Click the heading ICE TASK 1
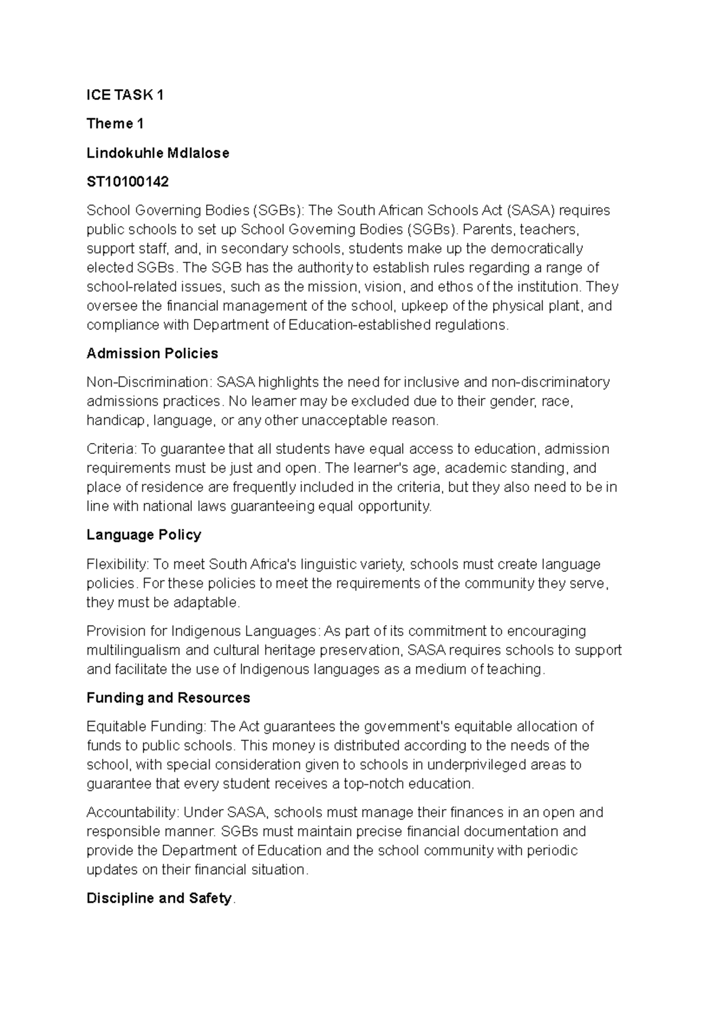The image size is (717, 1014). (125, 95)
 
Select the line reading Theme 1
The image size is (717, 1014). (115, 124)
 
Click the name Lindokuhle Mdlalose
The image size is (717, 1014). (158, 153)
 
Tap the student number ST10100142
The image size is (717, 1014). (127, 181)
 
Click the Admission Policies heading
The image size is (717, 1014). (152, 353)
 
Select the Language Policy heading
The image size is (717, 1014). (143, 535)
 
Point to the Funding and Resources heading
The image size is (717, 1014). (168, 698)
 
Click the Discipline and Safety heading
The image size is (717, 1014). (159, 898)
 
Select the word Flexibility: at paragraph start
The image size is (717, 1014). (118, 564)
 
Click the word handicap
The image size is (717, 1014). (115, 420)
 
